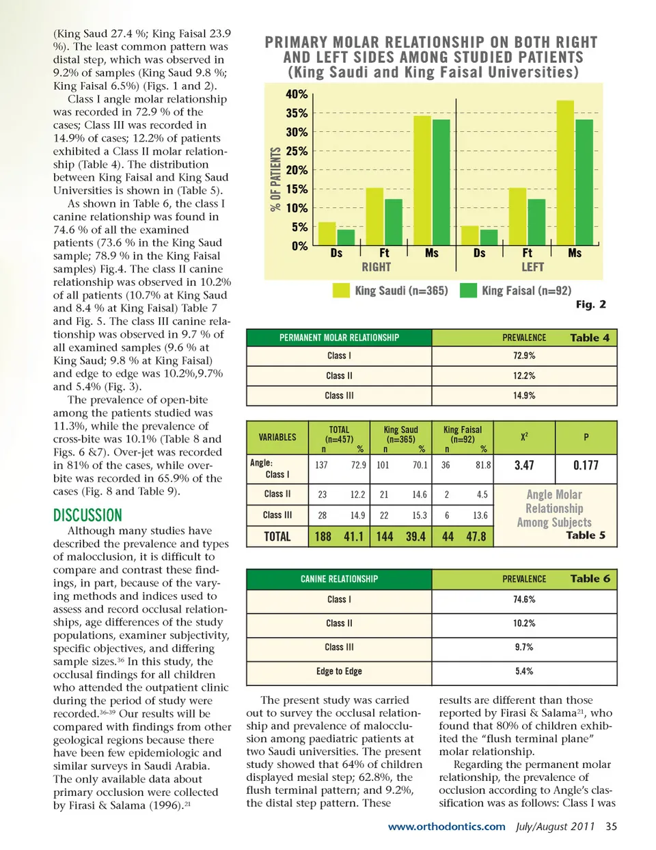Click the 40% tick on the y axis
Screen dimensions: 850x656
coord(297,94)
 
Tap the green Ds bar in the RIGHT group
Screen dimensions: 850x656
coord(346,237)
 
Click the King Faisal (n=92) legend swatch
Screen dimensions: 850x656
coord(468,291)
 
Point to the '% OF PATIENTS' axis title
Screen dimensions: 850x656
coord(275,179)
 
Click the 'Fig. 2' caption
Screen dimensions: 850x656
coord(590,304)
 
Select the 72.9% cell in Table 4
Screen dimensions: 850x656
coord(524,356)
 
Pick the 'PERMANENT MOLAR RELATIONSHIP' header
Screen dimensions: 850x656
coord(339,338)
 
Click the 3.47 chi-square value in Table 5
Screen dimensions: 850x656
coord(524,465)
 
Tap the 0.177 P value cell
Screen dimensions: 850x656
coord(586,465)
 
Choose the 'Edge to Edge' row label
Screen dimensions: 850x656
coord(339,672)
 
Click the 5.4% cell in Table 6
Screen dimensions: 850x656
coord(524,672)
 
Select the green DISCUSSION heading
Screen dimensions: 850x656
coord(87,515)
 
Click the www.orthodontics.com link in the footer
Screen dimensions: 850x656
coord(446,827)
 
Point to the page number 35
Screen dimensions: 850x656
coord(611,827)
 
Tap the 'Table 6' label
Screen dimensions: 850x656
coord(590,579)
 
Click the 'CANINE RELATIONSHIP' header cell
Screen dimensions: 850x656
coord(339,579)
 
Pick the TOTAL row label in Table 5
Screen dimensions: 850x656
coord(277,537)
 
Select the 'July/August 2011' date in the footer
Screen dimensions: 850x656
coord(555,827)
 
